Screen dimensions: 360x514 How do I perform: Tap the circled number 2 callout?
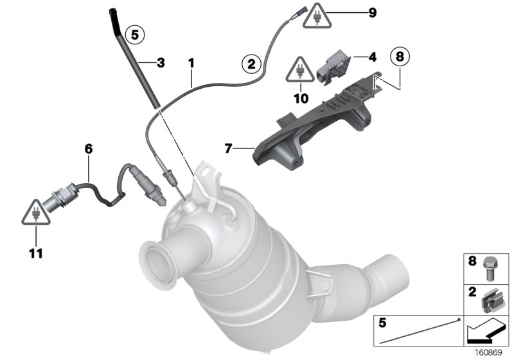(250, 63)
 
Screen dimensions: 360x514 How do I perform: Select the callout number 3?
(161, 63)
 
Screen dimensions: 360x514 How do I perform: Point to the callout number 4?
(371, 57)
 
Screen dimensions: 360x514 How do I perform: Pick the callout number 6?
(89, 149)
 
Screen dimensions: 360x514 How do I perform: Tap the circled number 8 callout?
(400, 57)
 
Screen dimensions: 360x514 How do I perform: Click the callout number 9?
(371, 13)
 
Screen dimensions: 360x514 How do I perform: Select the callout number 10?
(301, 98)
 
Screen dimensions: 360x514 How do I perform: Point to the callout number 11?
(35, 253)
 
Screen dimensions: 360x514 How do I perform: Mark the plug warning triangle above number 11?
(35, 213)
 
